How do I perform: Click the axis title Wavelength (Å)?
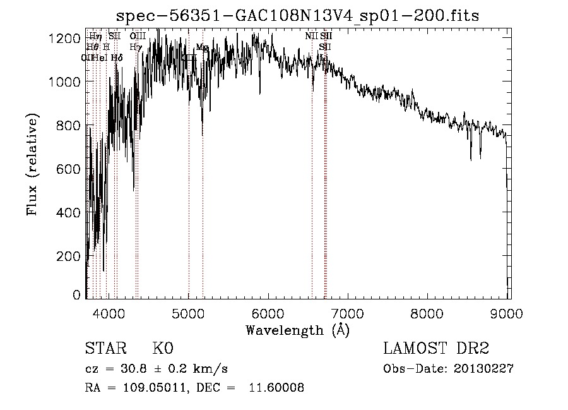[297, 329]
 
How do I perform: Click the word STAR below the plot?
[105, 349]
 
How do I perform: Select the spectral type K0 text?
[162, 349]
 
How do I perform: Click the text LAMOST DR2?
[436, 349]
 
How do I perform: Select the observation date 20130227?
[483, 369]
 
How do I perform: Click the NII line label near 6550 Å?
[312, 37]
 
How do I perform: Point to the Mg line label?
[201, 47]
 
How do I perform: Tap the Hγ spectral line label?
[135, 47]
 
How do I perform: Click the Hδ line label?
[117, 57]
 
